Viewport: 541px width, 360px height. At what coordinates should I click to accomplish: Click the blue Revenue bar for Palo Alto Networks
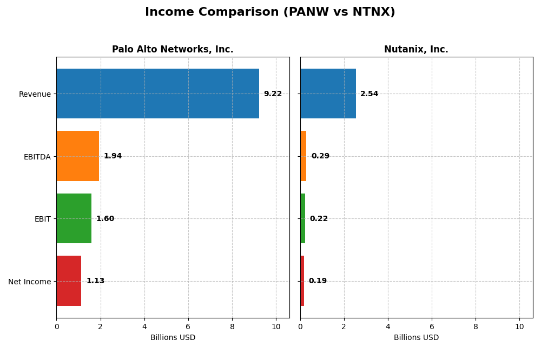tap(157, 94)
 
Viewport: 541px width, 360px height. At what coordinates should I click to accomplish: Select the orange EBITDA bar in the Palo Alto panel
tap(78, 156)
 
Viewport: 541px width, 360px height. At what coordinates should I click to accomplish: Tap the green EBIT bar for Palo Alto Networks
tap(74, 218)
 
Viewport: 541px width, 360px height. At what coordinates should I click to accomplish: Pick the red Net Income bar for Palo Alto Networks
tap(69, 281)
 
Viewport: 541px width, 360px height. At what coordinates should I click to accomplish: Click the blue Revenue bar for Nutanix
tap(328, 94)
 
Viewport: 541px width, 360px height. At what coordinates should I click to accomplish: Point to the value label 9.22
tap(273, 94)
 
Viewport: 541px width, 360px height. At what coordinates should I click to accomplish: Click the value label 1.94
tap(113, 156)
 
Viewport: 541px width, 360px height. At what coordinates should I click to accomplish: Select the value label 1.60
tap(105, 219)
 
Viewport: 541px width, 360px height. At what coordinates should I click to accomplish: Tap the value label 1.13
tap(95, 281)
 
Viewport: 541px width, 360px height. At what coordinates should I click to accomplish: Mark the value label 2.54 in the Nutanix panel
tap(370, 94)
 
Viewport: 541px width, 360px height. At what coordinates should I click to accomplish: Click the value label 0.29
tap(320, 156)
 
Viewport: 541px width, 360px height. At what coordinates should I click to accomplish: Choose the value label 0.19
tap(318, 281)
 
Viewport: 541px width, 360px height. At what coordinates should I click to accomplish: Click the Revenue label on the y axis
tap(35, 94)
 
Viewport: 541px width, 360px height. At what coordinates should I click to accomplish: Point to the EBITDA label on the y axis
tap(37, 157)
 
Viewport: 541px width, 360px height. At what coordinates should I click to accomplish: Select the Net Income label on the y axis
tap(29, 282)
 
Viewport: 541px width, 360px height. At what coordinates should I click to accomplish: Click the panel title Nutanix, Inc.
tap(416, 50)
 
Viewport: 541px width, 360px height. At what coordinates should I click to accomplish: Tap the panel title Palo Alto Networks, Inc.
tap(173, 50)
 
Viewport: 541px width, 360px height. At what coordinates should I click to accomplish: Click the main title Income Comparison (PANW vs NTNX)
tap(270, 12)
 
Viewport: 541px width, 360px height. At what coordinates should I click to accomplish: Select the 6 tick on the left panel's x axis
tap(188, 326)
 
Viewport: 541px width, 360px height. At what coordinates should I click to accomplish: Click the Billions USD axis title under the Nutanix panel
tap(416, 338)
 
